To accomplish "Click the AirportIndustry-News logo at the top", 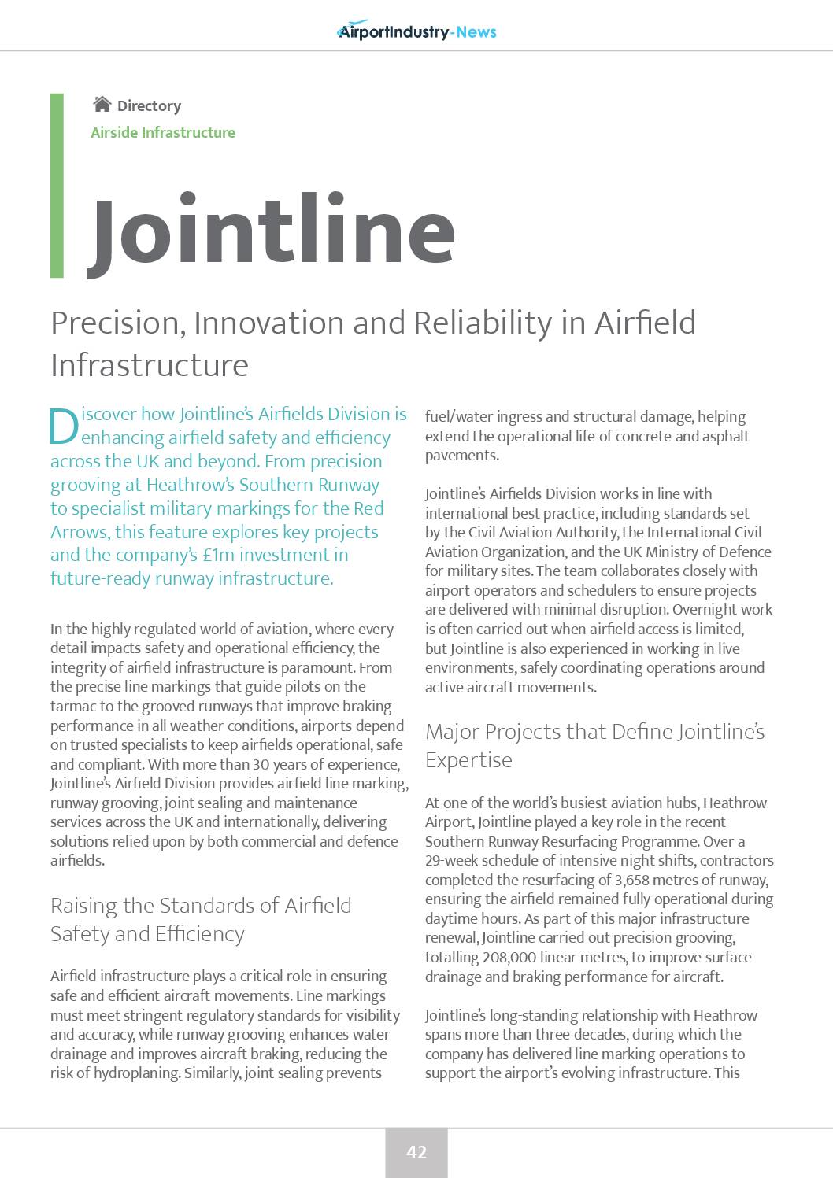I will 416,31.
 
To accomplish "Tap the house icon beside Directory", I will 102,105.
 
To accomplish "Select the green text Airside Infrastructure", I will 163,132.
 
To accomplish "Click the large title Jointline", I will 272,231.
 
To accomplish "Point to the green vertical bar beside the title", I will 57,186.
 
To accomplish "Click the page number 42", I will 416,1152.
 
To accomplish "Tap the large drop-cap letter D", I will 64,426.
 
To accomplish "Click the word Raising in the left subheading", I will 82,906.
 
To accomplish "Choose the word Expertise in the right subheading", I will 468,760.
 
